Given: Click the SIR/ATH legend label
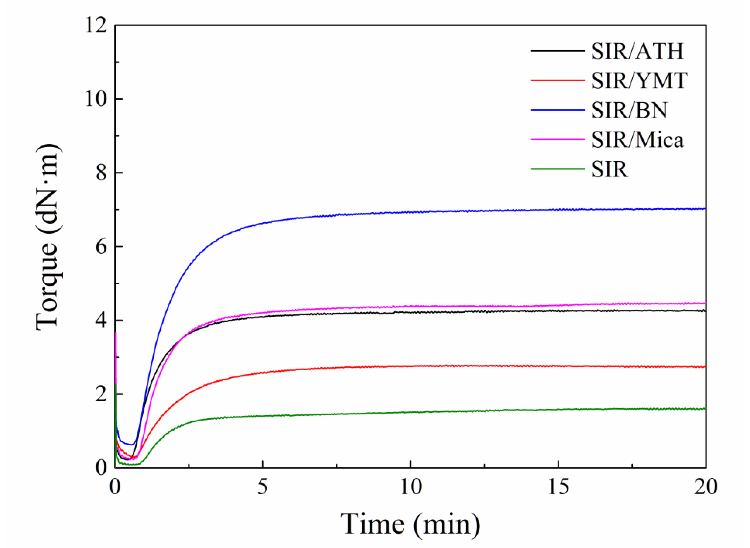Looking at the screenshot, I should pos(637,51).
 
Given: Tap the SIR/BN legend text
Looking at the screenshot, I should pos(629,110).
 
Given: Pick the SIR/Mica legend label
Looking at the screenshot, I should pos(637,140).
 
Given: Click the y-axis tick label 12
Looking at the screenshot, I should pos(96,25).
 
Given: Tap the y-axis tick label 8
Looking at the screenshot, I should pos(101,173).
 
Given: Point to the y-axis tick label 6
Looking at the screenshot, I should pos(101,247).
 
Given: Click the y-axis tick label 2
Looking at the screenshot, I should pos(101,394).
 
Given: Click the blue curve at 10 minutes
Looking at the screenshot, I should pos(411,212).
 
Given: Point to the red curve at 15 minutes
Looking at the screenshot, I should pos(558,366).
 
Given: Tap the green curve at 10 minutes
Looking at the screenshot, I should pos(411,412).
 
